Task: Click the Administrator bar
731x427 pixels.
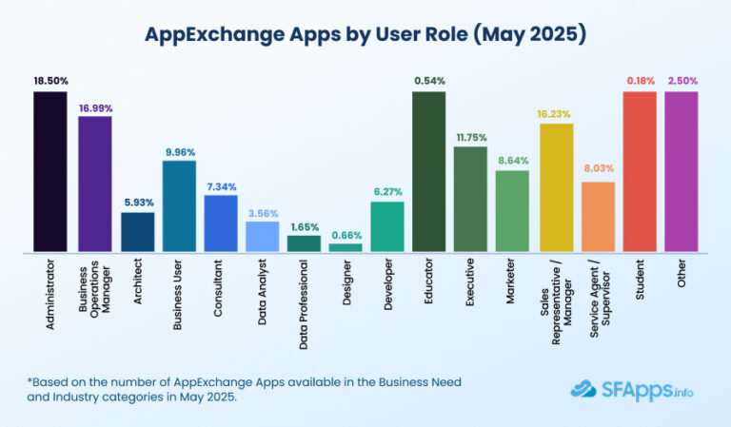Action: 49,171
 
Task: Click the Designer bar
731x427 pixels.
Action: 346,247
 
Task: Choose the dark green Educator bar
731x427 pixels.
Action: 429,171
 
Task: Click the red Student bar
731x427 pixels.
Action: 639,171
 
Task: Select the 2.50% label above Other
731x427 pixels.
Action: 681,81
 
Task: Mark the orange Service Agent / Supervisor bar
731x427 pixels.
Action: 598,217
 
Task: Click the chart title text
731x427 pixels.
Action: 365,35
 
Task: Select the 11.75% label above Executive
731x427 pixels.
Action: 471,136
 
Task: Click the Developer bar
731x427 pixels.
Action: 387,226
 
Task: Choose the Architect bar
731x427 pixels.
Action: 137,232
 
